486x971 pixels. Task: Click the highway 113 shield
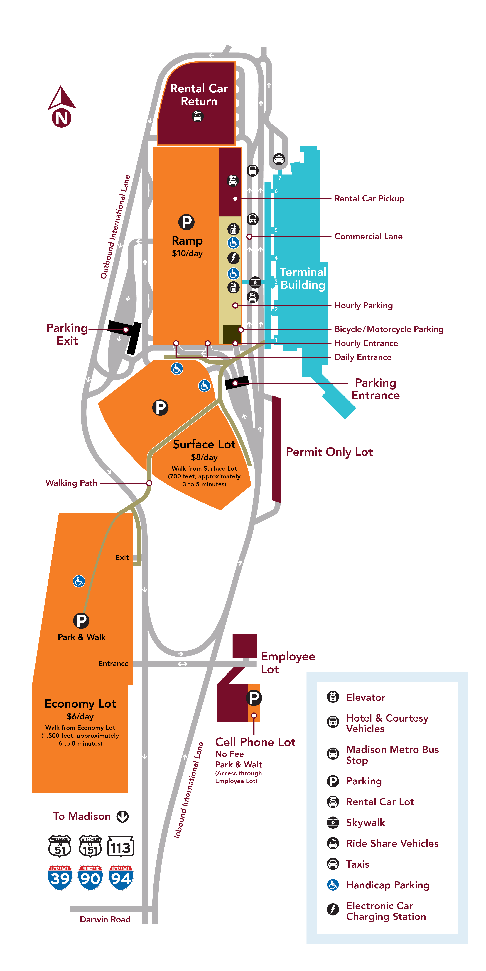coord(121,847)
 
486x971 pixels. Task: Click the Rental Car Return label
coord(199,95)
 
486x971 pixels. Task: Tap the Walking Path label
coord(71,483)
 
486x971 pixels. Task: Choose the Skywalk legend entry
coord(365,823)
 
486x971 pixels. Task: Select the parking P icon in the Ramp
coord(186,222)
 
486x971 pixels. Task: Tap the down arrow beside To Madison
coord(123,816)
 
